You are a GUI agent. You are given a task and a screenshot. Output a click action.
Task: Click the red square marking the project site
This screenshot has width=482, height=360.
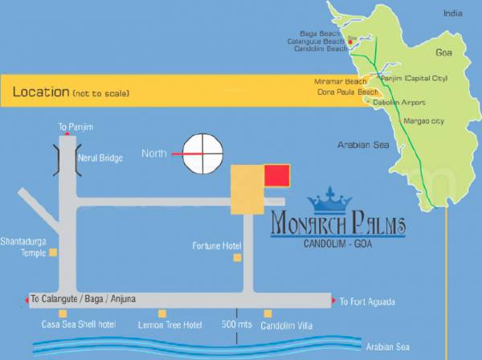point(277,174)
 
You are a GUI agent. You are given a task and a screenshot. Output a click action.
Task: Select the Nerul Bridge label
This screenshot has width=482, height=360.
point(100,158)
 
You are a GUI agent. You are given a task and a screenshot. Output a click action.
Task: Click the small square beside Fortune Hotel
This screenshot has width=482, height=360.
point(237,257)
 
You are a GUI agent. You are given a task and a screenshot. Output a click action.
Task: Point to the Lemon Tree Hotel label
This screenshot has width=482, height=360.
point(170,325)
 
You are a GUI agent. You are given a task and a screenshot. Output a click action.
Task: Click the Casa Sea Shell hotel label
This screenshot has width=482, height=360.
point(79,325)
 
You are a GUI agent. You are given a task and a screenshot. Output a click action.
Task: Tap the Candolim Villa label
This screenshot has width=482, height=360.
point(287,325)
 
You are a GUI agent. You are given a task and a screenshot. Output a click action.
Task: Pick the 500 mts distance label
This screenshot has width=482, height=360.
point(236,325)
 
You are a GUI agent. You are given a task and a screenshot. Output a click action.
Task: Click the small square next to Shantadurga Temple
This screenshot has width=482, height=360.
point(54,252)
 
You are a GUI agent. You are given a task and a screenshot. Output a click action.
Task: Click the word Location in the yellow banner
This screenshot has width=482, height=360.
point(40,92)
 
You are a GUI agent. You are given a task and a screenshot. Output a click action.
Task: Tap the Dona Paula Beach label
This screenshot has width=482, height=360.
point(347,92)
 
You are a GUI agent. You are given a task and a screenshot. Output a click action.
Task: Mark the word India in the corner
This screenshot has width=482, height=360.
point(453,14)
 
